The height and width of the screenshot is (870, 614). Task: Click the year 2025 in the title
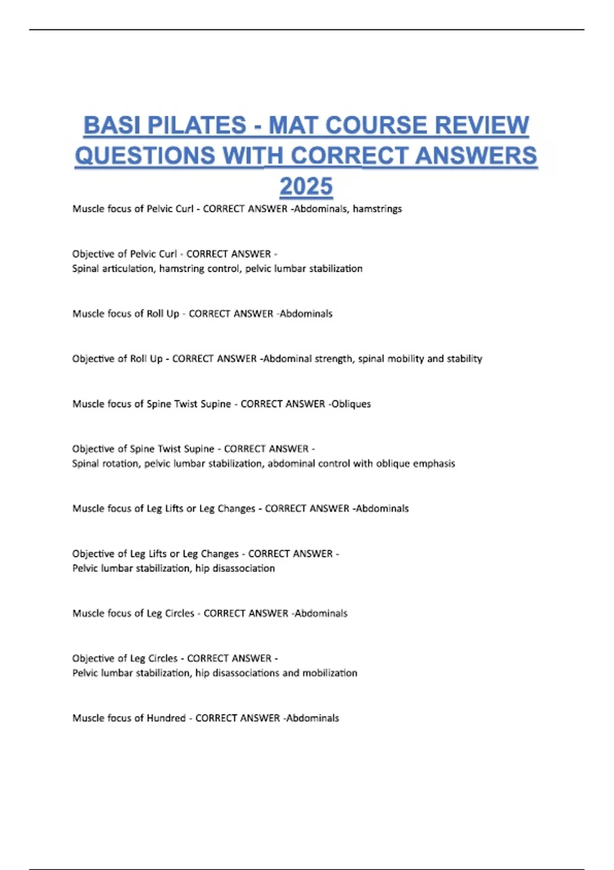click(306, 186)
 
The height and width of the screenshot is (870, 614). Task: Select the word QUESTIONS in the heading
click(145, 156)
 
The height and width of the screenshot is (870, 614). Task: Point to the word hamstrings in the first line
click(377, 209)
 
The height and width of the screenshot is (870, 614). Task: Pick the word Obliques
click(351, 404)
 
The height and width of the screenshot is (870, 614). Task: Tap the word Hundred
click(166, 718)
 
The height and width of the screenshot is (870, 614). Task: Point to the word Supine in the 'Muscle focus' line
click(215, 404)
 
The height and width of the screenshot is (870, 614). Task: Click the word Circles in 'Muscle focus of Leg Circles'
click(179, 613)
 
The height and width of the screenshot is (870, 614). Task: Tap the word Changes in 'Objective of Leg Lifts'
click(220, 554)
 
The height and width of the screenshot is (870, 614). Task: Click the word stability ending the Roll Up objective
click(464, 359)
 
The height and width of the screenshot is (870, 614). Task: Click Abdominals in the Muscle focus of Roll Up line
click(306, 314)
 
